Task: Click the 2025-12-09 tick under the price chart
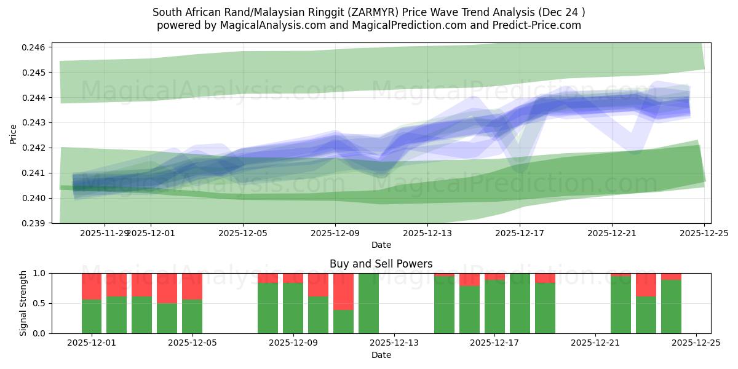(335, 233)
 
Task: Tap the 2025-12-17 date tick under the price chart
(520, 233)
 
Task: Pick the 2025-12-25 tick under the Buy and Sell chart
(696, 343)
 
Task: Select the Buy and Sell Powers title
(381, 264)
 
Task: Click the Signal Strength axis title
(23, 303)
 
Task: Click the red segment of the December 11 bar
(343, 291)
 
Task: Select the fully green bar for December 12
(368, 303)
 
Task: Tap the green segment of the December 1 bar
(92, 316)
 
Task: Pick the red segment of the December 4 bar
(167, 288)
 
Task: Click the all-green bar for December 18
(520, 303)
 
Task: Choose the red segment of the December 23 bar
(646, 284)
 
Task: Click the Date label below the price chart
(381, 245)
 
